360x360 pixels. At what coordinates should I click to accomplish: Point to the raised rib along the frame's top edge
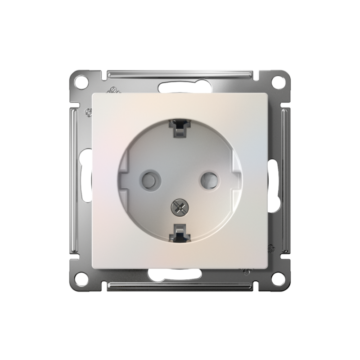click(x=179, y=73)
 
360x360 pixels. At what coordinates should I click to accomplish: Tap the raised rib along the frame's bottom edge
click(x=179, y=287)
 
